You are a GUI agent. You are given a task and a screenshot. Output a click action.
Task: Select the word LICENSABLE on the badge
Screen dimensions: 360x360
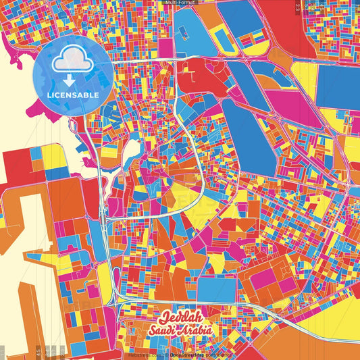(x=73, y=95)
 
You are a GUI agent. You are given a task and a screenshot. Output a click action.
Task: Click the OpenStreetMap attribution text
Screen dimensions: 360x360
(x=188, y=354)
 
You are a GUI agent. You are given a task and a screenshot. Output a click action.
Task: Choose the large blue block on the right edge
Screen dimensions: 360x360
(x=340, y=88)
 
